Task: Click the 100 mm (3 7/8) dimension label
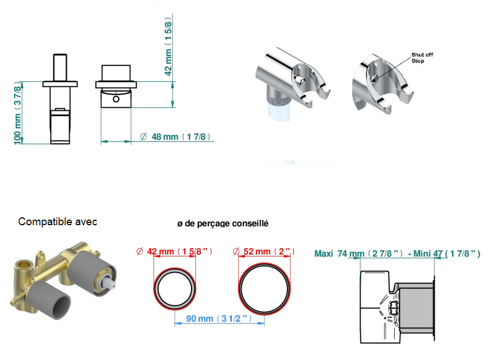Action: (17, 113)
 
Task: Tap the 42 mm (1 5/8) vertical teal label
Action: (168, 47)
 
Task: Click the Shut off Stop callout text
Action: (422, 58)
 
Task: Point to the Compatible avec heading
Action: (58, 222)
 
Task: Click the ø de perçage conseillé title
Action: (223, 224)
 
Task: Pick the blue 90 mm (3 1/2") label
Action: (218, 318)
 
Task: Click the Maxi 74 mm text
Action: (339, 254)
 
